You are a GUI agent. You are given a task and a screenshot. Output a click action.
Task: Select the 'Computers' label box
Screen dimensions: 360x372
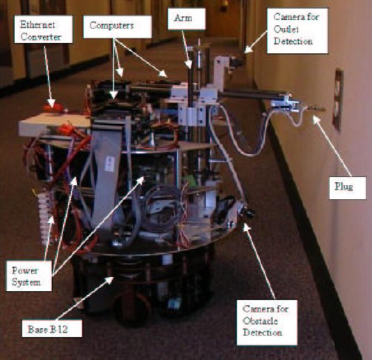[110, 24]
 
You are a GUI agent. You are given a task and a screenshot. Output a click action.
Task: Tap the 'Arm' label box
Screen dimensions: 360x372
[182, 15]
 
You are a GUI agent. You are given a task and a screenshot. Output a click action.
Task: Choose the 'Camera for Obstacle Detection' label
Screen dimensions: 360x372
[267, 317]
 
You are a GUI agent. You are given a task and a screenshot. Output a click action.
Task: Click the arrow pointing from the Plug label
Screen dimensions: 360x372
[325, 148]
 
